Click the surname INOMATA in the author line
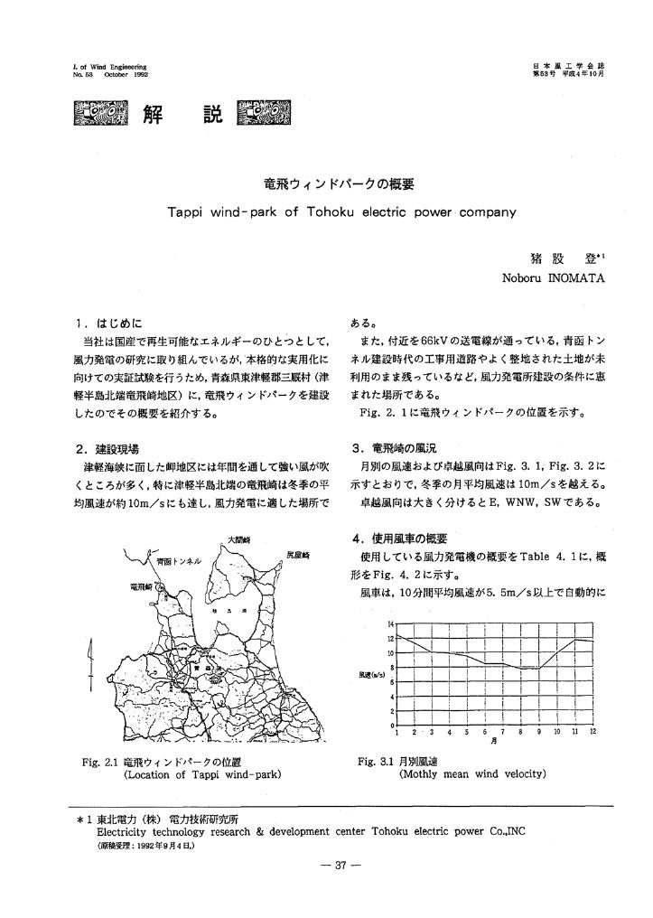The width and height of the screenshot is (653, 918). coord(575,277)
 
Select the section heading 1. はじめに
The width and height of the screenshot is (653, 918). coord(109,321)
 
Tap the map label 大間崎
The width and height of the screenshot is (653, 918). coord(238,539)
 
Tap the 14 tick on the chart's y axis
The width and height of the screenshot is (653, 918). coord(391,625)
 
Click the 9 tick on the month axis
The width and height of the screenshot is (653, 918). coord(539,731)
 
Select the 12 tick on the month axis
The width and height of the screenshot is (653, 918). coord(592,731)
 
